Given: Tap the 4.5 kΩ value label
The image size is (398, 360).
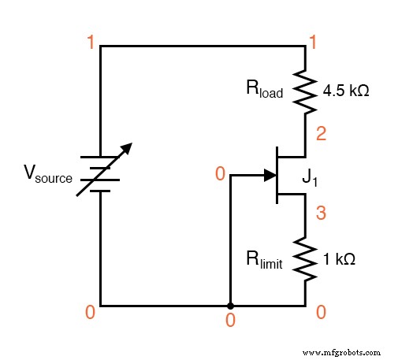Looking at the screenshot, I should point(346,91).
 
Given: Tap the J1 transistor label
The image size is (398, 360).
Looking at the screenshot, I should point(309,182).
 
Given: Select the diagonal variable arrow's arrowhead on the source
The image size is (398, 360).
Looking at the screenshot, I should point(128,147).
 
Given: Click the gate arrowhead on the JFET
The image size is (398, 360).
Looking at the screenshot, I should point(263,175).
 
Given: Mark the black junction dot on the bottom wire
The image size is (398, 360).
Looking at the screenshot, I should point(230,305).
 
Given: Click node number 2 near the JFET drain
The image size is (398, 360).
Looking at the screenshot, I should point(322,134).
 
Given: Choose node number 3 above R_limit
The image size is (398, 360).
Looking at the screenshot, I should point(321,213).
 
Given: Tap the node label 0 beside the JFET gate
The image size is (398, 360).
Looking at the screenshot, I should point(220,173).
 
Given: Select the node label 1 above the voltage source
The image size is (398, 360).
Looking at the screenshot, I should point(92,42).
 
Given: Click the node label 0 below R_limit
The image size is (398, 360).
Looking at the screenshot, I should point(321,313).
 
